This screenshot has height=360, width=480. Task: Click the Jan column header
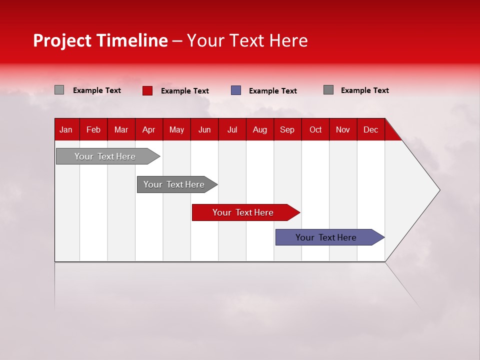tap(66, 129)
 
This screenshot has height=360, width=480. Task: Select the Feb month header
tap(93, 129)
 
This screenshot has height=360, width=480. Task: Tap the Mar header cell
tap(121, 129)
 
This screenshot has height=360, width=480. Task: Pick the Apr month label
tap(149, 129)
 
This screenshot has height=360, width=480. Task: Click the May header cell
tap(176, 129)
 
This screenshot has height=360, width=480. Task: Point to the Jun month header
tap(204, 129)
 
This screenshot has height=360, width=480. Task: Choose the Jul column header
tap(232, 129)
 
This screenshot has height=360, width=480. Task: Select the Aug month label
tap(260, 129)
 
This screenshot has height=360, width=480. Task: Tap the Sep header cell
tap(287, 129)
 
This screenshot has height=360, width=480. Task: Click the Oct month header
tap(315, 129)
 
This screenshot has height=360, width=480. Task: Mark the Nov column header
tap(343, 129)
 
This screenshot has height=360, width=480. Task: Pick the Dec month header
tap(371, 129)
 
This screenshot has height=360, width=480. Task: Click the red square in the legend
tap(147, 90)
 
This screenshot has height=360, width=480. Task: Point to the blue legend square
tap(236, 90)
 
